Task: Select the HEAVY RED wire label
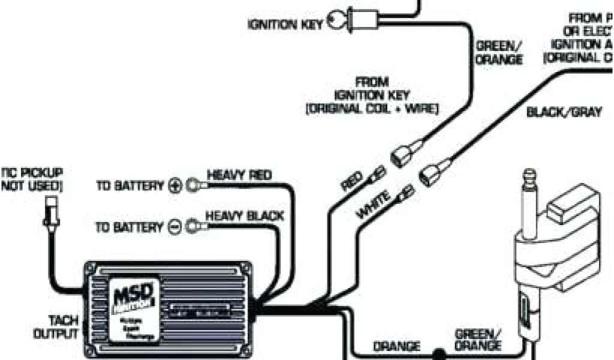[x=239, y=175]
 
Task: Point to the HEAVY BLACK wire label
[x=244, y=215]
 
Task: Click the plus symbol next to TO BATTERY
[x=175, y=185]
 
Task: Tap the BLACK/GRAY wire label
[x=564, y=112]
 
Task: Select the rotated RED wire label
[x=353, y=181]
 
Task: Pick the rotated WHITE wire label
[x=374, y=203]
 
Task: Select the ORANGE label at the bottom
[x=396, y=346]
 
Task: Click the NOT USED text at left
[x=31, y=186]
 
